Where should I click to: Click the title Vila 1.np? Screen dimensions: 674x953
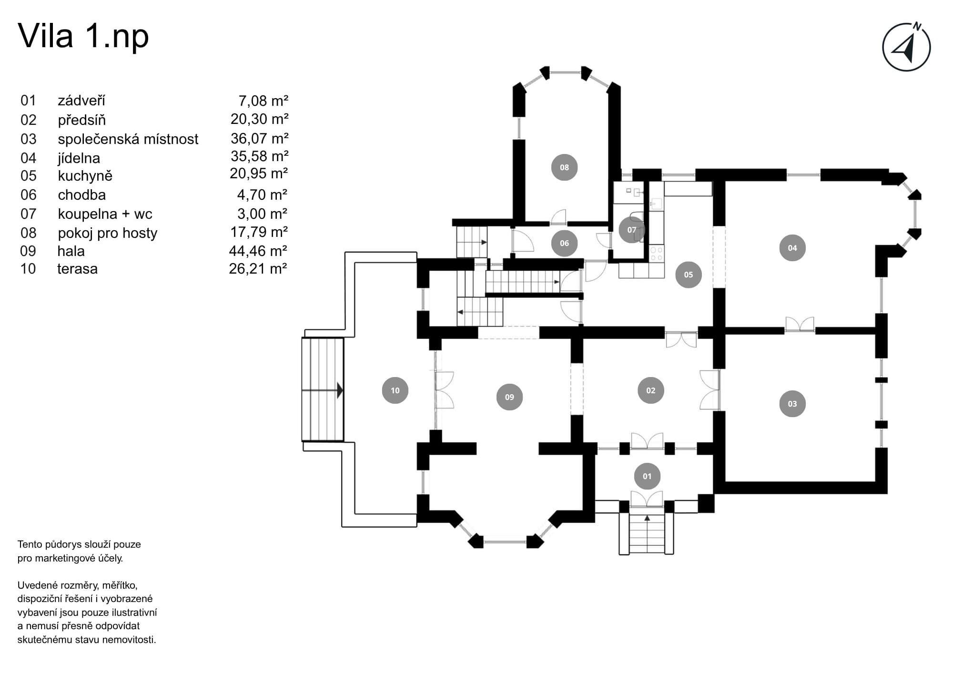[x=83, y=36]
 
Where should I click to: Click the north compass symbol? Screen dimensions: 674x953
[x=906, y=47]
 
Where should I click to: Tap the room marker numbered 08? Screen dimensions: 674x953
[x=564, y=167]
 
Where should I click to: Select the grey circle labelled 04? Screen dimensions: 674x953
[x=792, y=248]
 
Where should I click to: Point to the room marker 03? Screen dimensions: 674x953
[x=792, y=404]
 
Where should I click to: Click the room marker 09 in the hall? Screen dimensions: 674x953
[x=509, y=397]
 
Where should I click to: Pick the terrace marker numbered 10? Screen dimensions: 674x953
[x=395, y=390]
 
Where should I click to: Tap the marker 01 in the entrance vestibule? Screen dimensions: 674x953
[x=647, y=476]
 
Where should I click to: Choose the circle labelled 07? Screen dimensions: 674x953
[x=632, y=230]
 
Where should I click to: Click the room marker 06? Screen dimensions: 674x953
[x=564, y=243]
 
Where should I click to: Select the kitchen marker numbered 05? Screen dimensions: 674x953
[x=689, y=275]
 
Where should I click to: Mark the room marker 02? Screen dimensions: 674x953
[x=651, y=390]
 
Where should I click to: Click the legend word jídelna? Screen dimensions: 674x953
[x=79, y=158]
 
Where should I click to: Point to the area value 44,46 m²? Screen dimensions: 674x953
[x=258, y=251]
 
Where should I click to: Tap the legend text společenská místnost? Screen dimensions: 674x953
[x=128, y=139]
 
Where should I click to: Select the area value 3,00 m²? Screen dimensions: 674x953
[x=262, y=214]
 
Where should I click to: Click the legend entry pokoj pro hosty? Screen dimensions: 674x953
[x=107, y=233]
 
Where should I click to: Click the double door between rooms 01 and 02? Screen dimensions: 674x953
[x=647, y=441]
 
